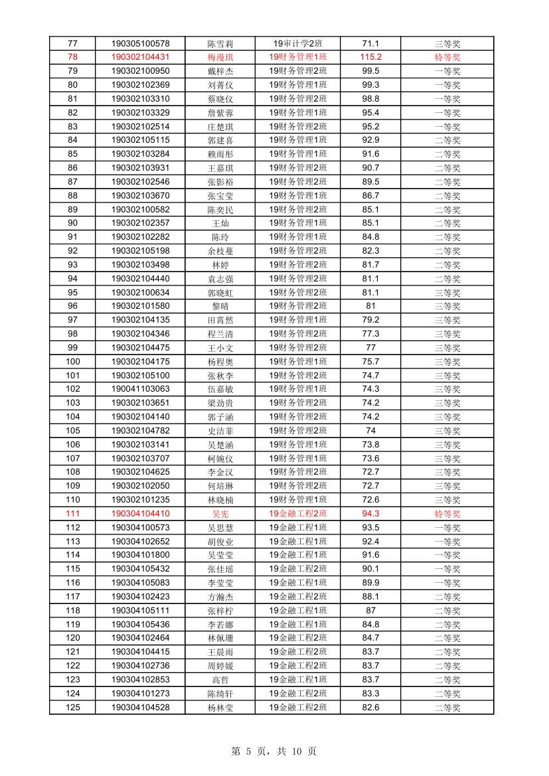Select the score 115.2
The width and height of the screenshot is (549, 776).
[370, 57]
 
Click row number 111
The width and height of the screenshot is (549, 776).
[72, 514]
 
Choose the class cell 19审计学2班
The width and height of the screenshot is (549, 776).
[297, 43]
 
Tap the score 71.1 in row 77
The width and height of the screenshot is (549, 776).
[370, 43]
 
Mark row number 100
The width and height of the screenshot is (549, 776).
[72, 362]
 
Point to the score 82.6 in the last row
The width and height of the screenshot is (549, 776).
[370, 708]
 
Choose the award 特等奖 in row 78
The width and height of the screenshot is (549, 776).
[447, 57]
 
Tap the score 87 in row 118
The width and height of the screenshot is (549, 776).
[370, 611]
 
